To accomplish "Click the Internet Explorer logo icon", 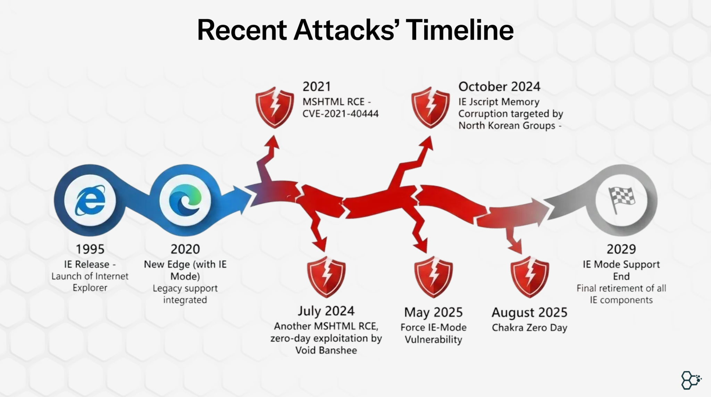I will [x=90, y=200].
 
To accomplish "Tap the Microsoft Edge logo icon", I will [x=185, y=200].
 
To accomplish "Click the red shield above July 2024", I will [x=326, y=277].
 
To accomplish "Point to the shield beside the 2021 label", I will [x=275, y=107].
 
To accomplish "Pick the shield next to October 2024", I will [x=430, y=107].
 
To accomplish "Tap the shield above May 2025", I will [x=433, y=277].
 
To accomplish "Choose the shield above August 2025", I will [x=529, y=277].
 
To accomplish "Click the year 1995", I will [x=90, y=249].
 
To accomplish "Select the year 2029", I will [x=621, y=249].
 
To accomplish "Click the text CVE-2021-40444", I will [x=340, y=114].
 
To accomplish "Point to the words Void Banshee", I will [x=326, y=350].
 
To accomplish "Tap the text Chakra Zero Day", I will [x=529, y=328].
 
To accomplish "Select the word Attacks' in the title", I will [x=348, y=30].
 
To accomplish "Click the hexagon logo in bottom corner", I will [x=691, y=380].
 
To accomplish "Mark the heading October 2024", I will [x=499, y=86].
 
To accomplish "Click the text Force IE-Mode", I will [x=433, y=327].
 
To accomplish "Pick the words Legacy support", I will [x=185, y=288].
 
